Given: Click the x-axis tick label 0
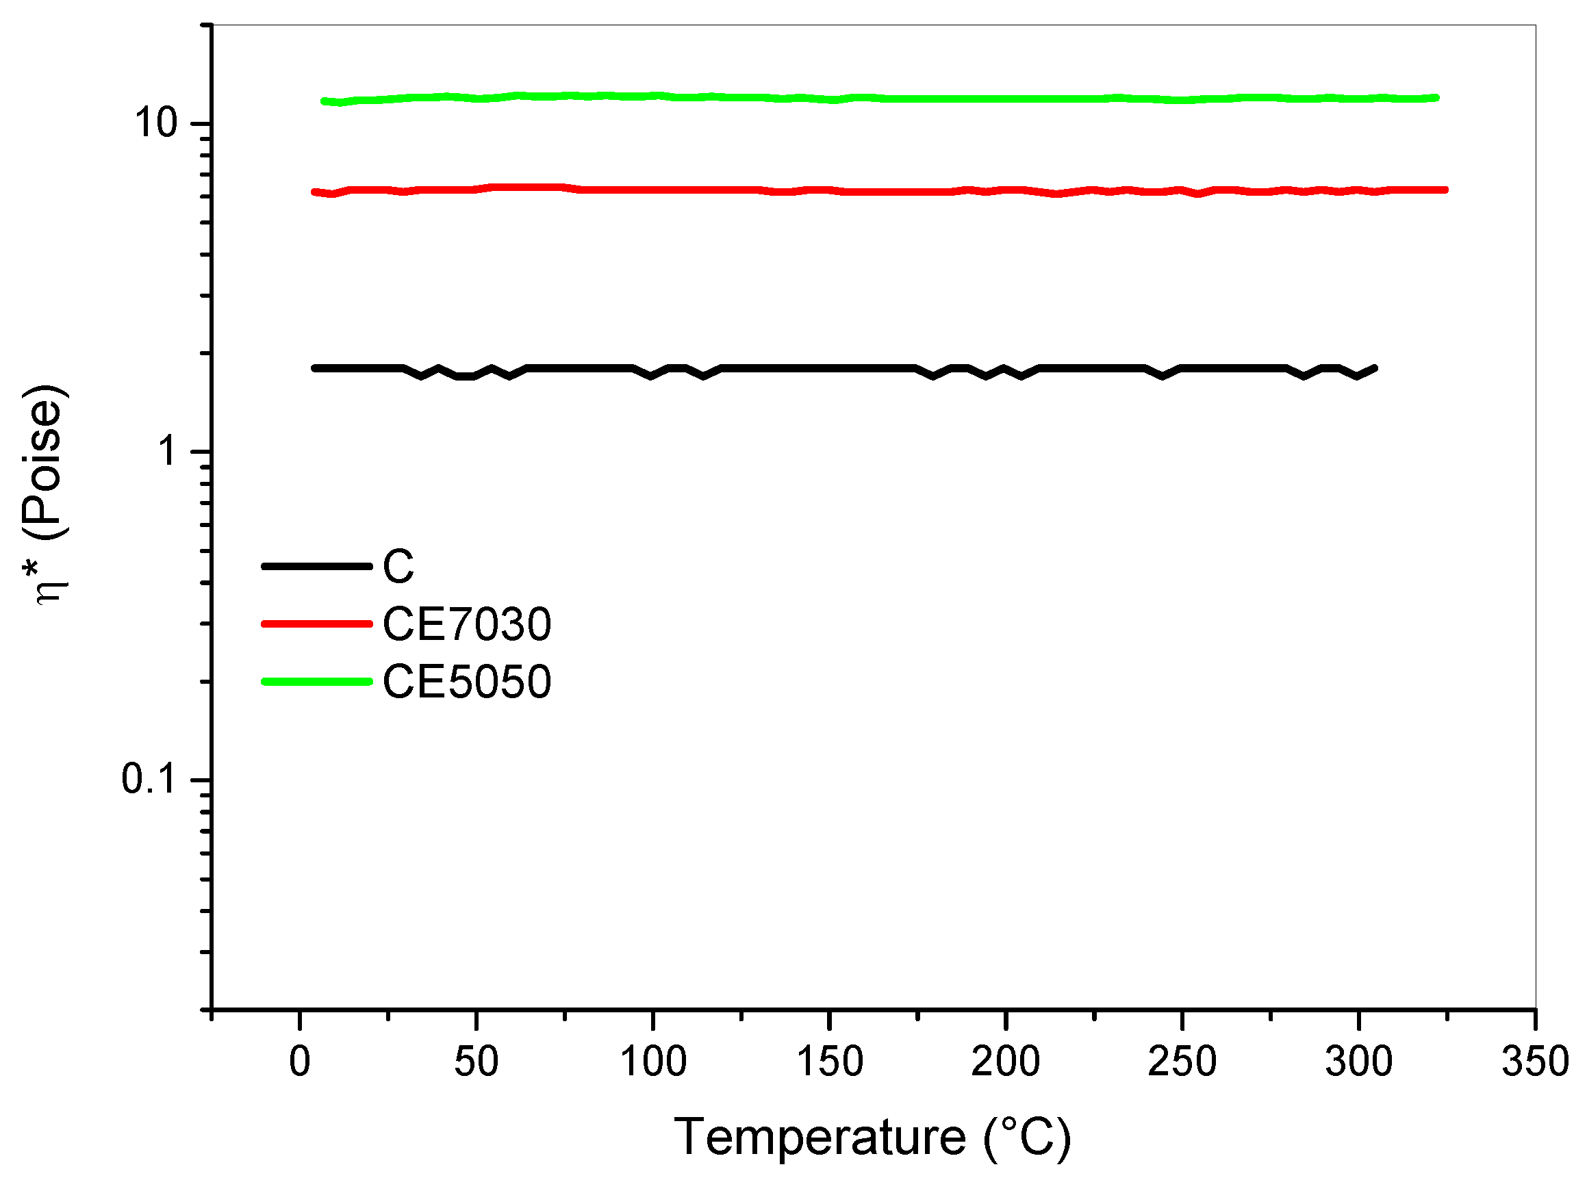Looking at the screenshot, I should pyautogui.click(x=299, y=1062).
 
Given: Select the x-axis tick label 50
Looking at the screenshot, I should pyautogui.click(x=476, y=1062).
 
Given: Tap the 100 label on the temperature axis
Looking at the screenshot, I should pyautogui.click(x=652, y=1062).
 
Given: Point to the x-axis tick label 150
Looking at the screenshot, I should pyautogui.click(x=829, y=1062).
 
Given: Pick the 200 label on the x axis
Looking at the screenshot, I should pyautogui.click(x=1004, y=1062).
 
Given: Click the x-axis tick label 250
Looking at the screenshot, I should pyautogui.click(x=1182, y=1062).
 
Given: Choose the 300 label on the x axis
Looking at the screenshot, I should pyautogui.click(x=1358, y=1062).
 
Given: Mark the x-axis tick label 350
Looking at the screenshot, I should pyautogui.click(x=1535, y=1062).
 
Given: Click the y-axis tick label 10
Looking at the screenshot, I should pyautogui.click(x=155, y=123).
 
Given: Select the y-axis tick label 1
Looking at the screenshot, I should pyautogui.click(x=168, y=451).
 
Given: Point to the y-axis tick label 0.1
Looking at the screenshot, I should pyautogui.click(x=148, y=779).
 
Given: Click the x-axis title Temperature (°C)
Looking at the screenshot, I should pyautogui.click(x=872, y=1137).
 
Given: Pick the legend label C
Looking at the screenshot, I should pyautogui.click(x=398, y=567).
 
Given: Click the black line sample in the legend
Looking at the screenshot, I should pyautogui.click(x=316, y=567).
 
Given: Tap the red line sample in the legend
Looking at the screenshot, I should pyautogui.click(x=316, y=624).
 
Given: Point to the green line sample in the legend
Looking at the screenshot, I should pyautogui.click(x=316, y=682).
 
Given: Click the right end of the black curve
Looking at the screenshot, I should pyautogui.click(x=1374, y=368).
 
